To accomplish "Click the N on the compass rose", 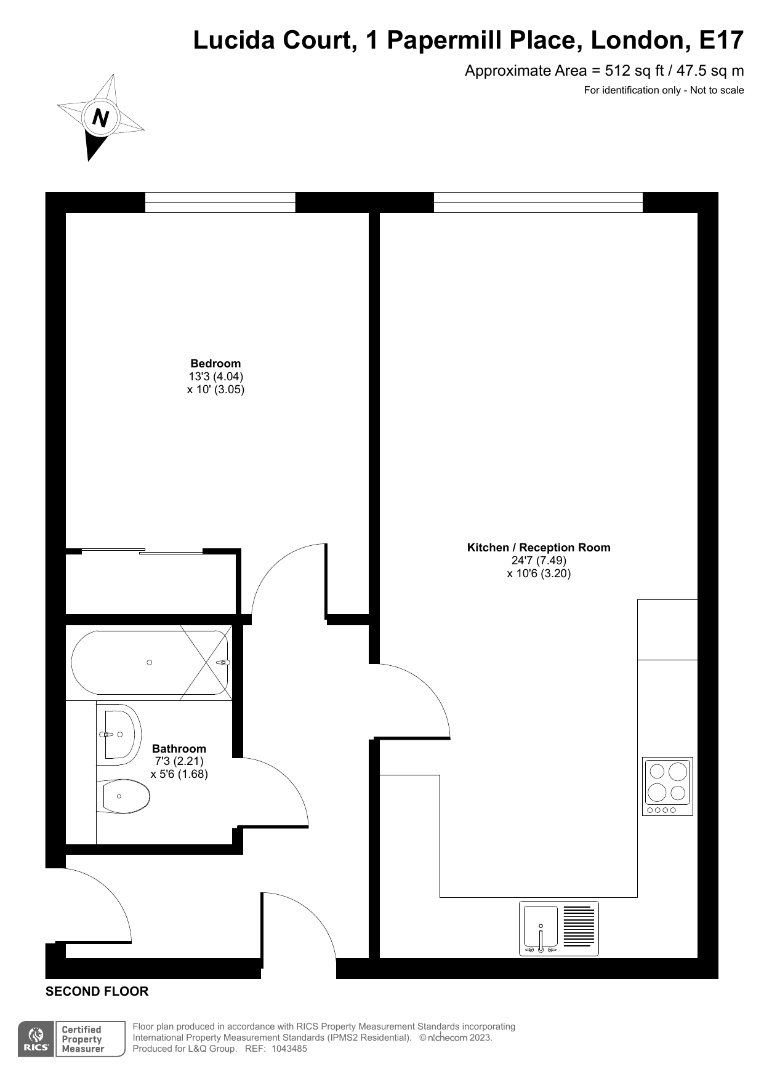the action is pos(100,117).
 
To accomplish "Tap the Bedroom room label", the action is pos(215,363).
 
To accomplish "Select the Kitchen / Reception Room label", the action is pos(539,547).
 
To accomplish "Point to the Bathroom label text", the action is pos(179,748).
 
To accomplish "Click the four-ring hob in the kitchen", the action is pos(667,786).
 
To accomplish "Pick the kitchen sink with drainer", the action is pos(559,929).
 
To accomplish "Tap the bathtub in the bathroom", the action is pos(150,663).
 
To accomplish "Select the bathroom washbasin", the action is pos(119,734).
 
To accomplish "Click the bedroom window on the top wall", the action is pos(220,202).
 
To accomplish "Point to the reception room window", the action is pos(538,202).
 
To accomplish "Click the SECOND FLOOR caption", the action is pos(97,991).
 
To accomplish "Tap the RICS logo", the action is pos(36,1039).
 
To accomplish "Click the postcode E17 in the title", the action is pos(722,40).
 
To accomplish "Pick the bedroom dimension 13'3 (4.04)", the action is pos(216,376).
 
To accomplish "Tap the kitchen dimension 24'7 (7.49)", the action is pos(539,560).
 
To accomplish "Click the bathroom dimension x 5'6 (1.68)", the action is pos(179,774).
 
